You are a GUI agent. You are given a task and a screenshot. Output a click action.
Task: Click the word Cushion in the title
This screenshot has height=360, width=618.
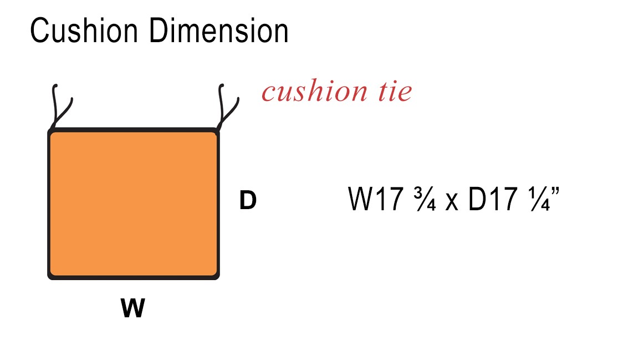84,31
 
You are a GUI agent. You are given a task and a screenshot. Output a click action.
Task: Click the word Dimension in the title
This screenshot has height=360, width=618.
219,31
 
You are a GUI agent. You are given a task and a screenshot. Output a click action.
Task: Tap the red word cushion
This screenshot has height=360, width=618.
314,91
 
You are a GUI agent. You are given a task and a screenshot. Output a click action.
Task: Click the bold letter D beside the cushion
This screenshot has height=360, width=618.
248,200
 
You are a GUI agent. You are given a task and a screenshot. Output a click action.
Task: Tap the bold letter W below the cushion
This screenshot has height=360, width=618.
133,308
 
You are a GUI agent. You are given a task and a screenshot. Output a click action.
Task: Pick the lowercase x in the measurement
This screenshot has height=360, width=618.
452,202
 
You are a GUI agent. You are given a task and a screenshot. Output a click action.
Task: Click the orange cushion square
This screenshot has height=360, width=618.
133,204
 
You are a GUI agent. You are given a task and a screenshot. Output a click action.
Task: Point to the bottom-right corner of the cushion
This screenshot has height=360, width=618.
218,279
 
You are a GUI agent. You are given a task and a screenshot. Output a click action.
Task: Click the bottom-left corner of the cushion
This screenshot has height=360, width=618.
49,279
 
